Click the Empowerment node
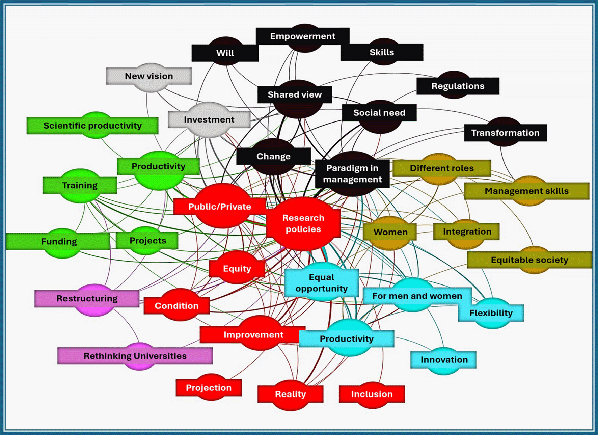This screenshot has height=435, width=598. pos(303,36)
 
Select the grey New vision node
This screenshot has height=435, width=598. pos(149,76)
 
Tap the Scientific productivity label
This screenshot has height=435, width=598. pos(92,126)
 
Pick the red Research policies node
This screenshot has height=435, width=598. pos(303,223)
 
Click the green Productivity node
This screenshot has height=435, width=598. pos(158,166)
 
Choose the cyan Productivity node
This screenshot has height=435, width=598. pos(347,339)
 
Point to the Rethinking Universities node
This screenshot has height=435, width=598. pos(135,356)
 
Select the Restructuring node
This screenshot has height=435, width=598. pos(87,298)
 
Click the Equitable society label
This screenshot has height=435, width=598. pos(529,260)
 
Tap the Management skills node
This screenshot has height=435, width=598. pos(526,191)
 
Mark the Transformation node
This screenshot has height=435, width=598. pos(505,133)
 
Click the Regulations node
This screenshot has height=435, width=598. pos(458,86)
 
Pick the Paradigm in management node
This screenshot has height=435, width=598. pos(352,173)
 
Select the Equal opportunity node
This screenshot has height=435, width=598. pos(322,282)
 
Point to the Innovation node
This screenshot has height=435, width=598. pos(444,360)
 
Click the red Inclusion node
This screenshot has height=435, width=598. pos(372,394)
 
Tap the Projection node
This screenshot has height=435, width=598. pos(209,388)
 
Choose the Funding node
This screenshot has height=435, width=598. pos(59,241)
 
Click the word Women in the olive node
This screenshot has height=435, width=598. pos(390,232)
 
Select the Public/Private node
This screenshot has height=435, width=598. pos(220,207)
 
